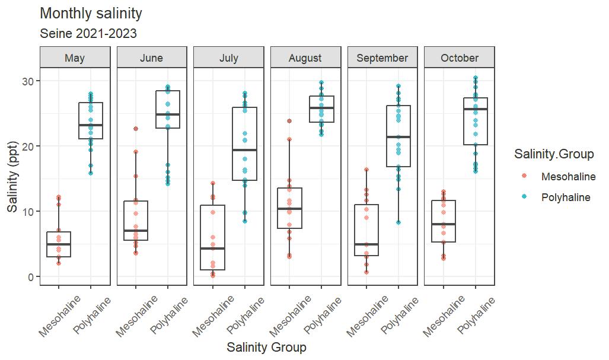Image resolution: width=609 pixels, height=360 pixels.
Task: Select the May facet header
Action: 75,58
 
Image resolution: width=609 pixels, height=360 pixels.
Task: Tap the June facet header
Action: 152,58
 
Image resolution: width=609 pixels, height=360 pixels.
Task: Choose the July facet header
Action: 229,58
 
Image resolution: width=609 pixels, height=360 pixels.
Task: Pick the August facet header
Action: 305,58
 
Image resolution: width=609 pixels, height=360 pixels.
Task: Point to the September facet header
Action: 382,58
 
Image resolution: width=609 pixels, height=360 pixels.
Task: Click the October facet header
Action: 460,58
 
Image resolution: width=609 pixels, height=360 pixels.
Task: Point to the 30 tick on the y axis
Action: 28,81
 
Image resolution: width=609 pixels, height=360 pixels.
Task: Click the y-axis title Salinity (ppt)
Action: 12,177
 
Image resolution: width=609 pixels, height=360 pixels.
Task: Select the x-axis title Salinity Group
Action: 266,348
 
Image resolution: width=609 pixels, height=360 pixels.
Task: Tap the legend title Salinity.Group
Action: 553,154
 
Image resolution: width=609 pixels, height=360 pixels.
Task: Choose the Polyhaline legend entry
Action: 566,197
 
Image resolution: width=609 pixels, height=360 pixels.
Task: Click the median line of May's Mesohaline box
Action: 59,244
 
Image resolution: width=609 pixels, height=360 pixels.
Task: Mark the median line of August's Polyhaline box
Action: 321,108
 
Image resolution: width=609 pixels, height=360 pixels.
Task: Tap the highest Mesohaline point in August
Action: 289,121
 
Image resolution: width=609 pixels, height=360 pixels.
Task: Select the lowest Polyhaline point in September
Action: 398,222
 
